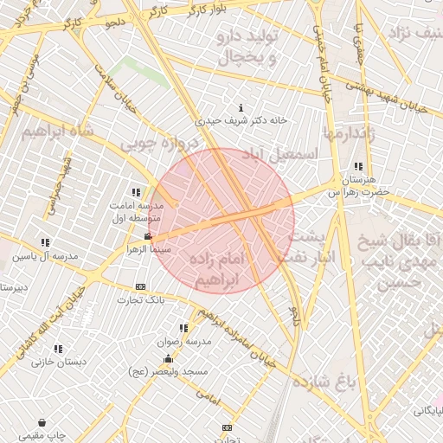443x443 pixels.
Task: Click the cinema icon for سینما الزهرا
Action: pos(149,236)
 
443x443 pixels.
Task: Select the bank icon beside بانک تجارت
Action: pos(140,287)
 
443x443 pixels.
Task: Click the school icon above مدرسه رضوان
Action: pos(183,329)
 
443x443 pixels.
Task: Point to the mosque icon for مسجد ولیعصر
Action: pos(170,357)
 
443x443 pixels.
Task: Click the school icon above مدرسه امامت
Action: pos(135,193)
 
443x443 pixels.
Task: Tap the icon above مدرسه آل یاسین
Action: pos(45,243)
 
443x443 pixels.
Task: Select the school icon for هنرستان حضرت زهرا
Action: pos(357,167)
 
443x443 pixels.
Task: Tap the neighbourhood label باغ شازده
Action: pos(324,382)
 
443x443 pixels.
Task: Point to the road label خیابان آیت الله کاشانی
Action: pos(52,321)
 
